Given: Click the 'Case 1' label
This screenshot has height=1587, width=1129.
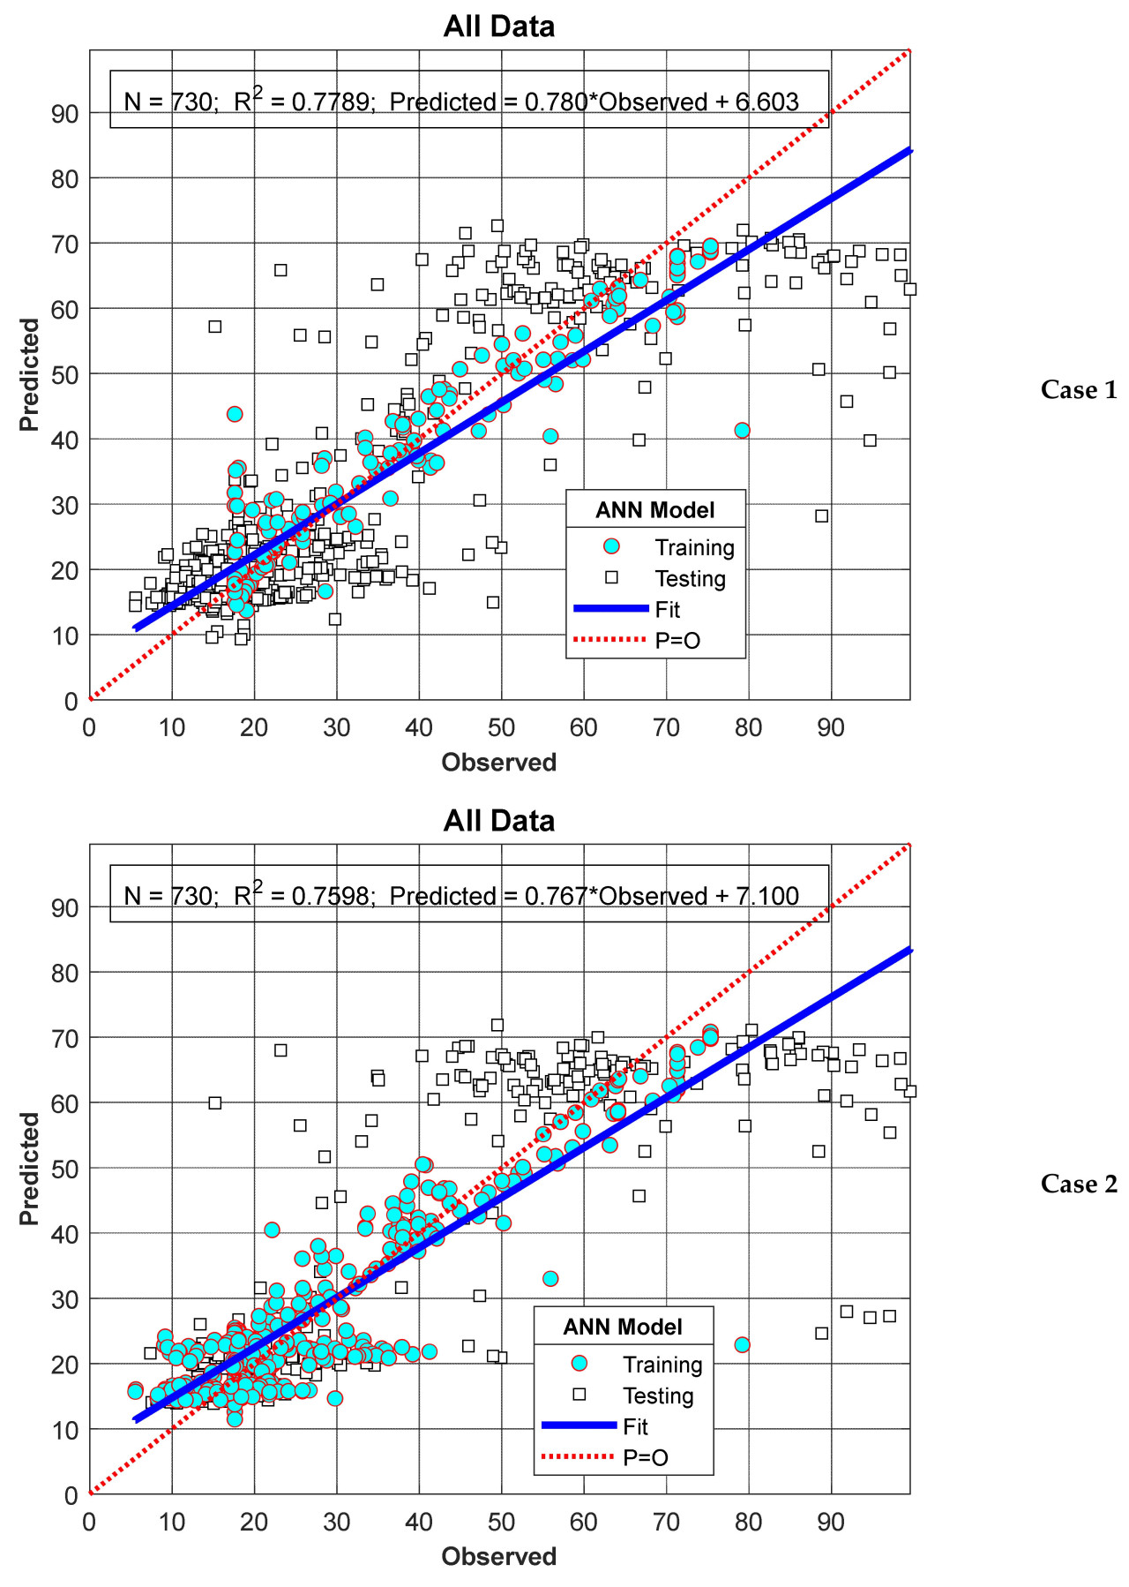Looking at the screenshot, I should pyautogui.click(x=1078, y=390).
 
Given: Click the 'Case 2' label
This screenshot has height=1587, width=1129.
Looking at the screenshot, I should pyautogui.click(x=1078, y=1184).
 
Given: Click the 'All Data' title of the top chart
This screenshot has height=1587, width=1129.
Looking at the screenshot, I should pyautogui.click(x=499, y=26).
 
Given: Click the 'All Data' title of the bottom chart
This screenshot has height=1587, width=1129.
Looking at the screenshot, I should pyautogui.click(x=499, y=821).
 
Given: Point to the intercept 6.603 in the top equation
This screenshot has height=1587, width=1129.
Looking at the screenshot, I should pyautogui.click(x=766, y=102).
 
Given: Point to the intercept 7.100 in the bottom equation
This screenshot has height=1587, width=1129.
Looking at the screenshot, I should pyautogui.click(x=766, y=897).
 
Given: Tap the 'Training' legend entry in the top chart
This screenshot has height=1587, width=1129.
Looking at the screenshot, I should pyautogui.click(x=694, y=548).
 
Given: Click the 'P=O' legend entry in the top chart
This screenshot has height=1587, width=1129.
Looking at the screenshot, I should pyautogui.click(x=677, y=641).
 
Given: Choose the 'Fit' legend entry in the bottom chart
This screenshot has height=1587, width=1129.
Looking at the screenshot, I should pyautogui.click(x=635, y=1427).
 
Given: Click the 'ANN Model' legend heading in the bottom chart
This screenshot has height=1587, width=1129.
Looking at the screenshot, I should pyautogui.click(x=623, y=1328).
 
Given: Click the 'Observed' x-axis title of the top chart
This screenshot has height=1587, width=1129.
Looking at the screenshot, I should pyautogui.click(x=499, y=763).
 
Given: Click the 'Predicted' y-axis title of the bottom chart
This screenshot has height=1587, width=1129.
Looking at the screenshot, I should pyautogui.click(x=30, y=1169).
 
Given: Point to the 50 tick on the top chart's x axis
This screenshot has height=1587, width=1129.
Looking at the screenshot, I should pyautogui.click(x=500, y=728).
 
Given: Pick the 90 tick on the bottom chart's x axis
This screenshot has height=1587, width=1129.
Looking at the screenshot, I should pyautogui.click(x=830, y=1523).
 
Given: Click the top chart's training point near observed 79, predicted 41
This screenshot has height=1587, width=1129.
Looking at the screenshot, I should pyautogui.click(x=742, y=430).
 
